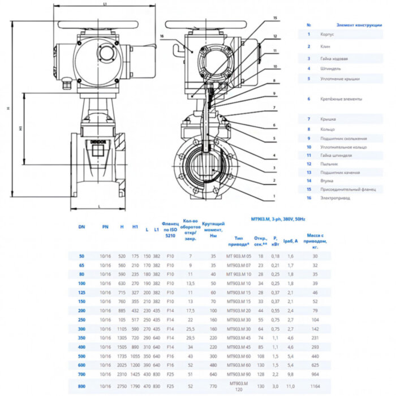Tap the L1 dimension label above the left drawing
105,5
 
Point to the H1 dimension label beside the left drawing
20,128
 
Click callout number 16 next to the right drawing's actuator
162,36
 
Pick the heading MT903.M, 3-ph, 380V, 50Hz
277,218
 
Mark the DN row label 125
81,292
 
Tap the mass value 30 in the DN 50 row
315,256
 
